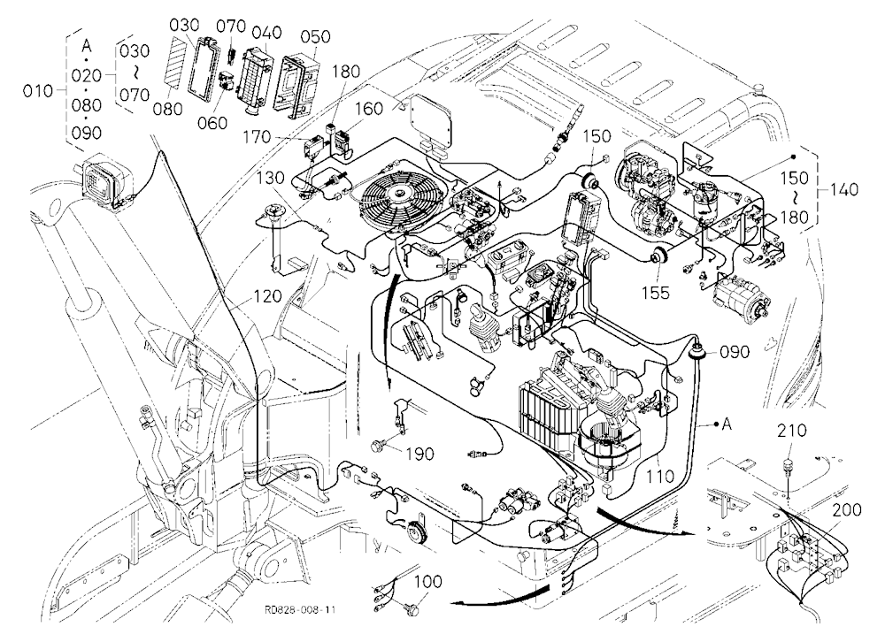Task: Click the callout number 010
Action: pyautogui.click(x=37, y=91)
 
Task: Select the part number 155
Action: pyautogui.click(x=655, y=292)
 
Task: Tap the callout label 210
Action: pyautogui.click(x=791, y=431)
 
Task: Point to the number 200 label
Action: pyautogui.click(x=847, y=510)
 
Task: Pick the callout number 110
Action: pyautogui.click(x=660, y=476)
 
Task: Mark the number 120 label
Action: pyautogui.click(x=267, y=296)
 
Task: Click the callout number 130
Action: pyautogui.click(x=270, y=178)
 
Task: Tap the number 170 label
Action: pyautogui.click(x=257, y=138)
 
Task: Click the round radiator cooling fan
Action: pyautogui.click(x=393, y=198)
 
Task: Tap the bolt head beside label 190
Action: pyautogui.click(x=377, y=446)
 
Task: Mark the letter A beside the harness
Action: pyautogui.click(x=727, y=423)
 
